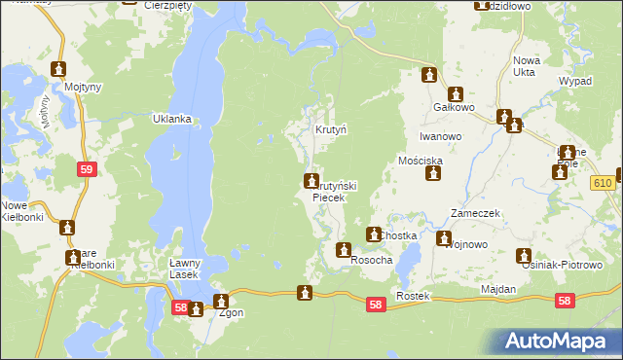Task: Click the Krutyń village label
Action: click(331, 129)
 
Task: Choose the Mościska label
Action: click(421, 159)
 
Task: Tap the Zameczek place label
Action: click(474, 212)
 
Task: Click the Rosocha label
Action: click(371, 261)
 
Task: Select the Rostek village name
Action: click(413, 295)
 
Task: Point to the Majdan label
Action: click(497, 290)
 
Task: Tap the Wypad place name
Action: click(575, 81)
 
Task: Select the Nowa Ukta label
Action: click(527, 65)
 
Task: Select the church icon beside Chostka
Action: click(373, 234)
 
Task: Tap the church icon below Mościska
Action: click(434, 174)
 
